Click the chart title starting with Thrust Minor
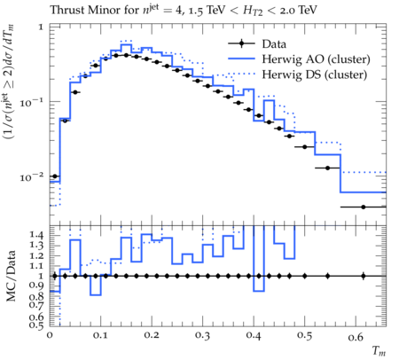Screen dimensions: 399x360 pyautogui.click(x=184, y=10)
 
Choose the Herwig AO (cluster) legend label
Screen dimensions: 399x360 pyautogui.click(x=316, y=59)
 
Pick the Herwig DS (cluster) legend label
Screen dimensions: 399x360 pyautogui.click(x=315, y=74)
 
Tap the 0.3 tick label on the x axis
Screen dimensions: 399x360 pyautogui.click(x=203, y=335)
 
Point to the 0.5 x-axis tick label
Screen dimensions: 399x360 pyautogui.click(x=304, y=335)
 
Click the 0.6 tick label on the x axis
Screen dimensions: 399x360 pyautogui.click(x=356, y=336)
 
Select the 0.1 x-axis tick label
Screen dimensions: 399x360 pyautogui.click(x=100, y=335)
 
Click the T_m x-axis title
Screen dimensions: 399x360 pyautogui.click(x=379, y=351)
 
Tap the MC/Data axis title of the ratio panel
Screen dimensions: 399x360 pyautogui.click(x=11, y=276)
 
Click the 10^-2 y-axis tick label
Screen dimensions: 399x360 pyautogui.click(x=31, y=177)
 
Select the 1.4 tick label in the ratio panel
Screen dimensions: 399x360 pyautogui.click(x=36, y=235)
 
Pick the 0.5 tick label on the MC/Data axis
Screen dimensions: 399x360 pyautogui.click(x=36, y=325)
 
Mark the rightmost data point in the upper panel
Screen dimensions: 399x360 pyautogui.click(x=364, y=207)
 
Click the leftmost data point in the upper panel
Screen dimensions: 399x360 pyautogui.click(x=54, y=176)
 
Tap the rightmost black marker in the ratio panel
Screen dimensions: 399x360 pyautogui.click(x=364, y=276)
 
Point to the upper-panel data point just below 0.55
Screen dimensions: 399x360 pyautogui.click(x=327, y=168)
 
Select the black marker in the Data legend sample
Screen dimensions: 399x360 pyautogui.click(x=241, y=43)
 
